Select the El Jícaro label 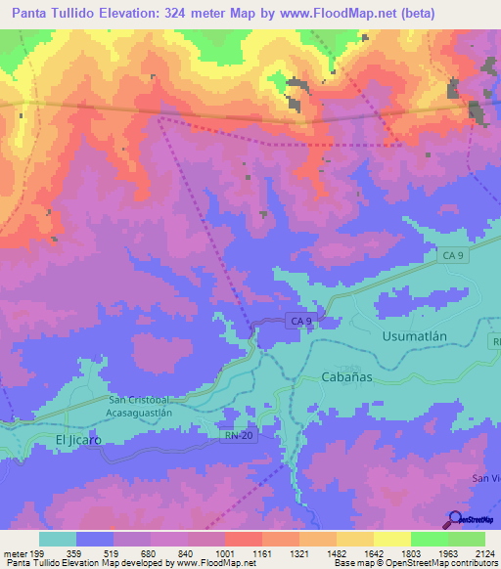point(78,440)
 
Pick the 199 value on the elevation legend point(39,553)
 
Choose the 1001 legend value point(224,553)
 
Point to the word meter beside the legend point(15,553)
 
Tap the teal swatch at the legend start point(58,539)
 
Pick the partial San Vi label point(485,477)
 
